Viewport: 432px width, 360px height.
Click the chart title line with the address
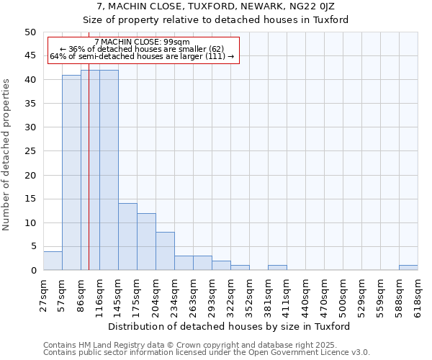pos(215,6)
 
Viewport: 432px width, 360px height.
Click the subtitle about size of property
pos(215,20)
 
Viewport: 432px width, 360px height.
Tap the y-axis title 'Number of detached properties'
pos(6,152)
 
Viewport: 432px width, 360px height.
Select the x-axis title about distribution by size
pos(230,326)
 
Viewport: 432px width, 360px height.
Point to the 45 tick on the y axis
pos(30,56)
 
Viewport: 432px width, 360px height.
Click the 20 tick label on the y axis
pos(30,175)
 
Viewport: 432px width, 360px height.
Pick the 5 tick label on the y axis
pos(32,246)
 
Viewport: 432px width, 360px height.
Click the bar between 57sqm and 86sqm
pos(71,173)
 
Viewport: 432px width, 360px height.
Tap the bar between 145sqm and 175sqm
pos(127,237)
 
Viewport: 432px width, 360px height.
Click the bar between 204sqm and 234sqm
pos(165,251)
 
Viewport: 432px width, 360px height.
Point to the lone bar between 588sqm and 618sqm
pos(408,268)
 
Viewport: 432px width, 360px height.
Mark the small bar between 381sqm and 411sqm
pos(277,268)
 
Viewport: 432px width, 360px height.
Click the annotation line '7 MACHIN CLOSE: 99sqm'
pos(142,42)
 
